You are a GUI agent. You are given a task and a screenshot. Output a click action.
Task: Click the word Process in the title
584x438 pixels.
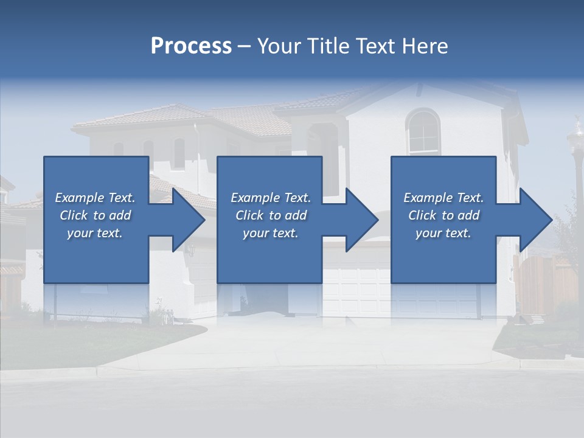[191, 46]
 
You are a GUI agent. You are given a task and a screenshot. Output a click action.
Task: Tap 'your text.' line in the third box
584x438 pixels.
[443, 233]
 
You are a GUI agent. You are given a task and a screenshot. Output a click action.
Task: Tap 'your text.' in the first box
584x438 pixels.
[95, 233]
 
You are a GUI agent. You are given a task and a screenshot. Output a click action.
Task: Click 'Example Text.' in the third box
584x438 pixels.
[443, 198]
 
